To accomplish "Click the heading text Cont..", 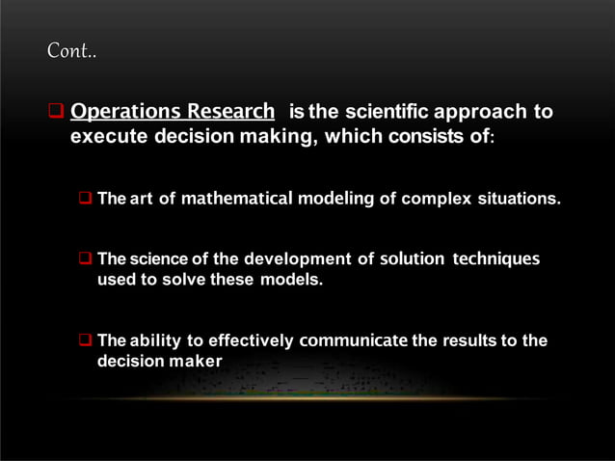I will (72, 50).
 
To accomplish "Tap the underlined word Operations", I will (130, 112).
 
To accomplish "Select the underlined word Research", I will (233, 112).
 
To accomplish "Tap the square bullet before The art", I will (85, 200).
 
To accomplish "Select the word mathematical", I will (236, 200).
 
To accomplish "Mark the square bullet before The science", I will (85, 259).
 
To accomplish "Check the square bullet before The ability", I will (85, 340).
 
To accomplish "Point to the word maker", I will (196, 362).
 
